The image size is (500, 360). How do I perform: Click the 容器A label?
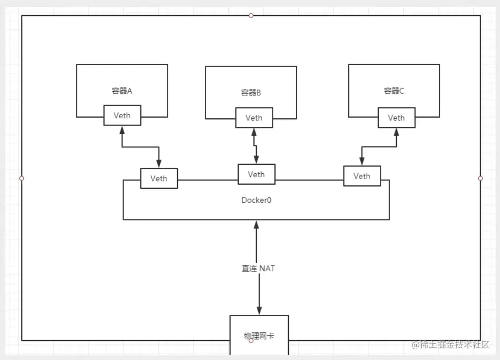click(122, 90)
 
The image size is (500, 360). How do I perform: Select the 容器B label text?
click(251, 92)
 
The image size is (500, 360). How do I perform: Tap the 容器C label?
click(394, 91)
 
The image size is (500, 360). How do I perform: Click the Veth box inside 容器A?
click(122, 115)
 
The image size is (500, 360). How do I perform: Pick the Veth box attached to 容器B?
click(254, 118)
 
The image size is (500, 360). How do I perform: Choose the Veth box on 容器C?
click(396, 118)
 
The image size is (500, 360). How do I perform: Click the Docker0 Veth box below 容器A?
click(159, 178)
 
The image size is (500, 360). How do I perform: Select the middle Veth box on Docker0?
click(256, 174)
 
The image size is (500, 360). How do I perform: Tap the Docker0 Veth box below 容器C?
click(362, 176)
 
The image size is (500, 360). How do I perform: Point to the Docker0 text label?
click(256, 200)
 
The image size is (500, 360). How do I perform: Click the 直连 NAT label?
click(258, 268)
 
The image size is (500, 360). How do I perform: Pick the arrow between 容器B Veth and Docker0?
click(255, 145)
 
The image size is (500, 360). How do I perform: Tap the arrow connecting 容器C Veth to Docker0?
click(378, 147)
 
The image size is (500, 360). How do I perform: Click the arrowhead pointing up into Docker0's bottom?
click(256, 225)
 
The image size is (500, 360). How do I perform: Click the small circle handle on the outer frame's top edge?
click(251, 16)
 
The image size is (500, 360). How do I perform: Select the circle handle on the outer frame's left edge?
click(21, 179)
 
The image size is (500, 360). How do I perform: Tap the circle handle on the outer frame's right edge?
click(481, 179)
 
